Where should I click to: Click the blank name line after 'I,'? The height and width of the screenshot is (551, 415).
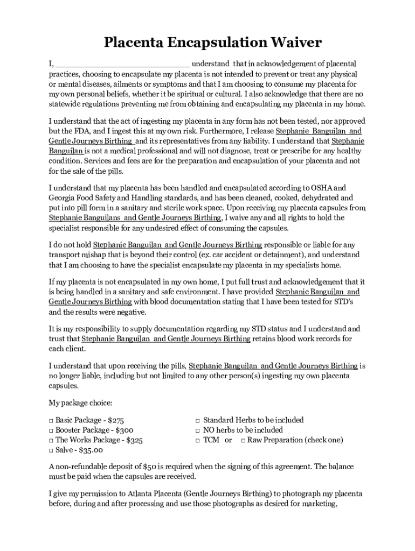click(x=122, y=64)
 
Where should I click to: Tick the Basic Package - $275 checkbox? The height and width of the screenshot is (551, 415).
click(x=51, y=420)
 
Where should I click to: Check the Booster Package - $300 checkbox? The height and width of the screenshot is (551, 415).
click(x=51, y=430)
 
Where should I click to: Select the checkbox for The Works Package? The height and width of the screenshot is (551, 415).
click(x=51, y=440)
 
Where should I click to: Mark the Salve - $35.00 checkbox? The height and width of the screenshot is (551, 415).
click(x=51, y=450)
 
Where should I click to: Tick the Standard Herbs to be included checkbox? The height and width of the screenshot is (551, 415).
click(x=198, y=420)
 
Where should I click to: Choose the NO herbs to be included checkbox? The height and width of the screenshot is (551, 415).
click(x=198, y=430)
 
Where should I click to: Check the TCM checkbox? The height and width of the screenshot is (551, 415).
click(x=198, y=440)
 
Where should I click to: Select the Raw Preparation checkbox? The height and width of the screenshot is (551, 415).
click(x=243, y=440)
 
